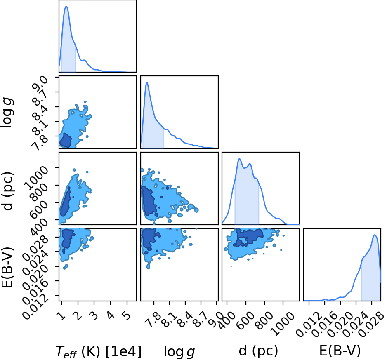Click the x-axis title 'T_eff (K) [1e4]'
click(99, 352)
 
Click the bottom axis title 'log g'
click(179, 352)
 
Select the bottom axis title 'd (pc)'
click(258, 351)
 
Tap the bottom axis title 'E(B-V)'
click(340, 351)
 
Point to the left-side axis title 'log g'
click(7, 113)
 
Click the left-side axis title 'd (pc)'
click(8, 191)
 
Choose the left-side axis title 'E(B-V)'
click(7, 267)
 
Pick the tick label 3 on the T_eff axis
click(94, 316)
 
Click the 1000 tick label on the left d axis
click(35, 177)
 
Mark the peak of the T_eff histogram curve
click(66, 7)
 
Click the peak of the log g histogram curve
click(147, 82)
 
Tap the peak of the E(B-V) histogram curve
click(375, 235)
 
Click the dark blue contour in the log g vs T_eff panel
click(66, 140)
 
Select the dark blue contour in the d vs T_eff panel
click(65, 202)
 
